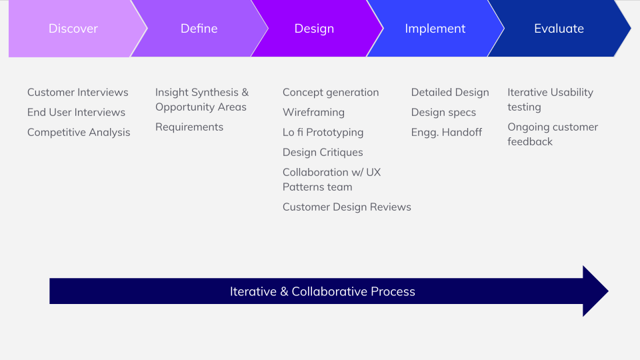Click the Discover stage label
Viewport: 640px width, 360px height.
pyautogui.click(x=73, y=29)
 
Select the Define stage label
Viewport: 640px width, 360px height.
pyautogui.click(x=199, y=29)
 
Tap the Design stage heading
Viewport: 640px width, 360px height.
pyautogui.click(x=314, y=29)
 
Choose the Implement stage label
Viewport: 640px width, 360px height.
pyautogui.click(x=435, y=29)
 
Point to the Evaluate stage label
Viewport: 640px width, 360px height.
pyautogui.click(x=559, y=29)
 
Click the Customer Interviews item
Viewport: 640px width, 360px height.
pyautogui.click(x=77, y=92)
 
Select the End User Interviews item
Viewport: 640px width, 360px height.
pyautogui.click(x=76, y=112)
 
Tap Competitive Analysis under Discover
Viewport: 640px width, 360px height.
pyautogui.click(x=79, y=132)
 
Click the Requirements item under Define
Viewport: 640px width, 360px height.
pyautogui.click(x=189, y=127)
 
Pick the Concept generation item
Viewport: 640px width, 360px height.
pyautogui.click(x=331, y=92)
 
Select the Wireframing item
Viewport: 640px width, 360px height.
pyautogui.click(x=313, y=112)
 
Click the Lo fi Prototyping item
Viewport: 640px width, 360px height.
pyautogui.click(x=323, y=132)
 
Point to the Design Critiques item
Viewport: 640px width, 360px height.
pyautogui.click(x=323, y=152)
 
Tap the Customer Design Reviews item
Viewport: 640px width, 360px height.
pyautogui.click(x=347, y=207)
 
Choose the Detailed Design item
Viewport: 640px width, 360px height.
pyautogui.click(x=450, y=92)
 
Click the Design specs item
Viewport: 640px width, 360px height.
pyautogui.click(x=443, y=112)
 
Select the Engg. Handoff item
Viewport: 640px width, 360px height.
pyautogui.click(x=447, y=132)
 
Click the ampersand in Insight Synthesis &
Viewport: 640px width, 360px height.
pyautogui.click(x=245, y=92)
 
